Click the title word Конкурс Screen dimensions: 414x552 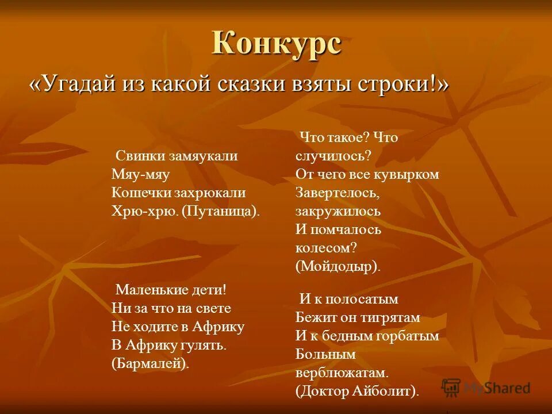[277, 43]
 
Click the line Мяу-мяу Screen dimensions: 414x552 [141, 175]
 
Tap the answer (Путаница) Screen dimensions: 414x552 [221, 211]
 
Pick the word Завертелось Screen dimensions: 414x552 [337, 193]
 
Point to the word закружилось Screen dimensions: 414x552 [338, 211]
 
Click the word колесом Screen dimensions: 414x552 [325, 248]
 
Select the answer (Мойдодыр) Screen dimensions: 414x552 [338, 266]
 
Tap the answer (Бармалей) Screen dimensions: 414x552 [151, 363]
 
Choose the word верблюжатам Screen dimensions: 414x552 [343, 373]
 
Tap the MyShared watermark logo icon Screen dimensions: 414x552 [451, 388]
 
